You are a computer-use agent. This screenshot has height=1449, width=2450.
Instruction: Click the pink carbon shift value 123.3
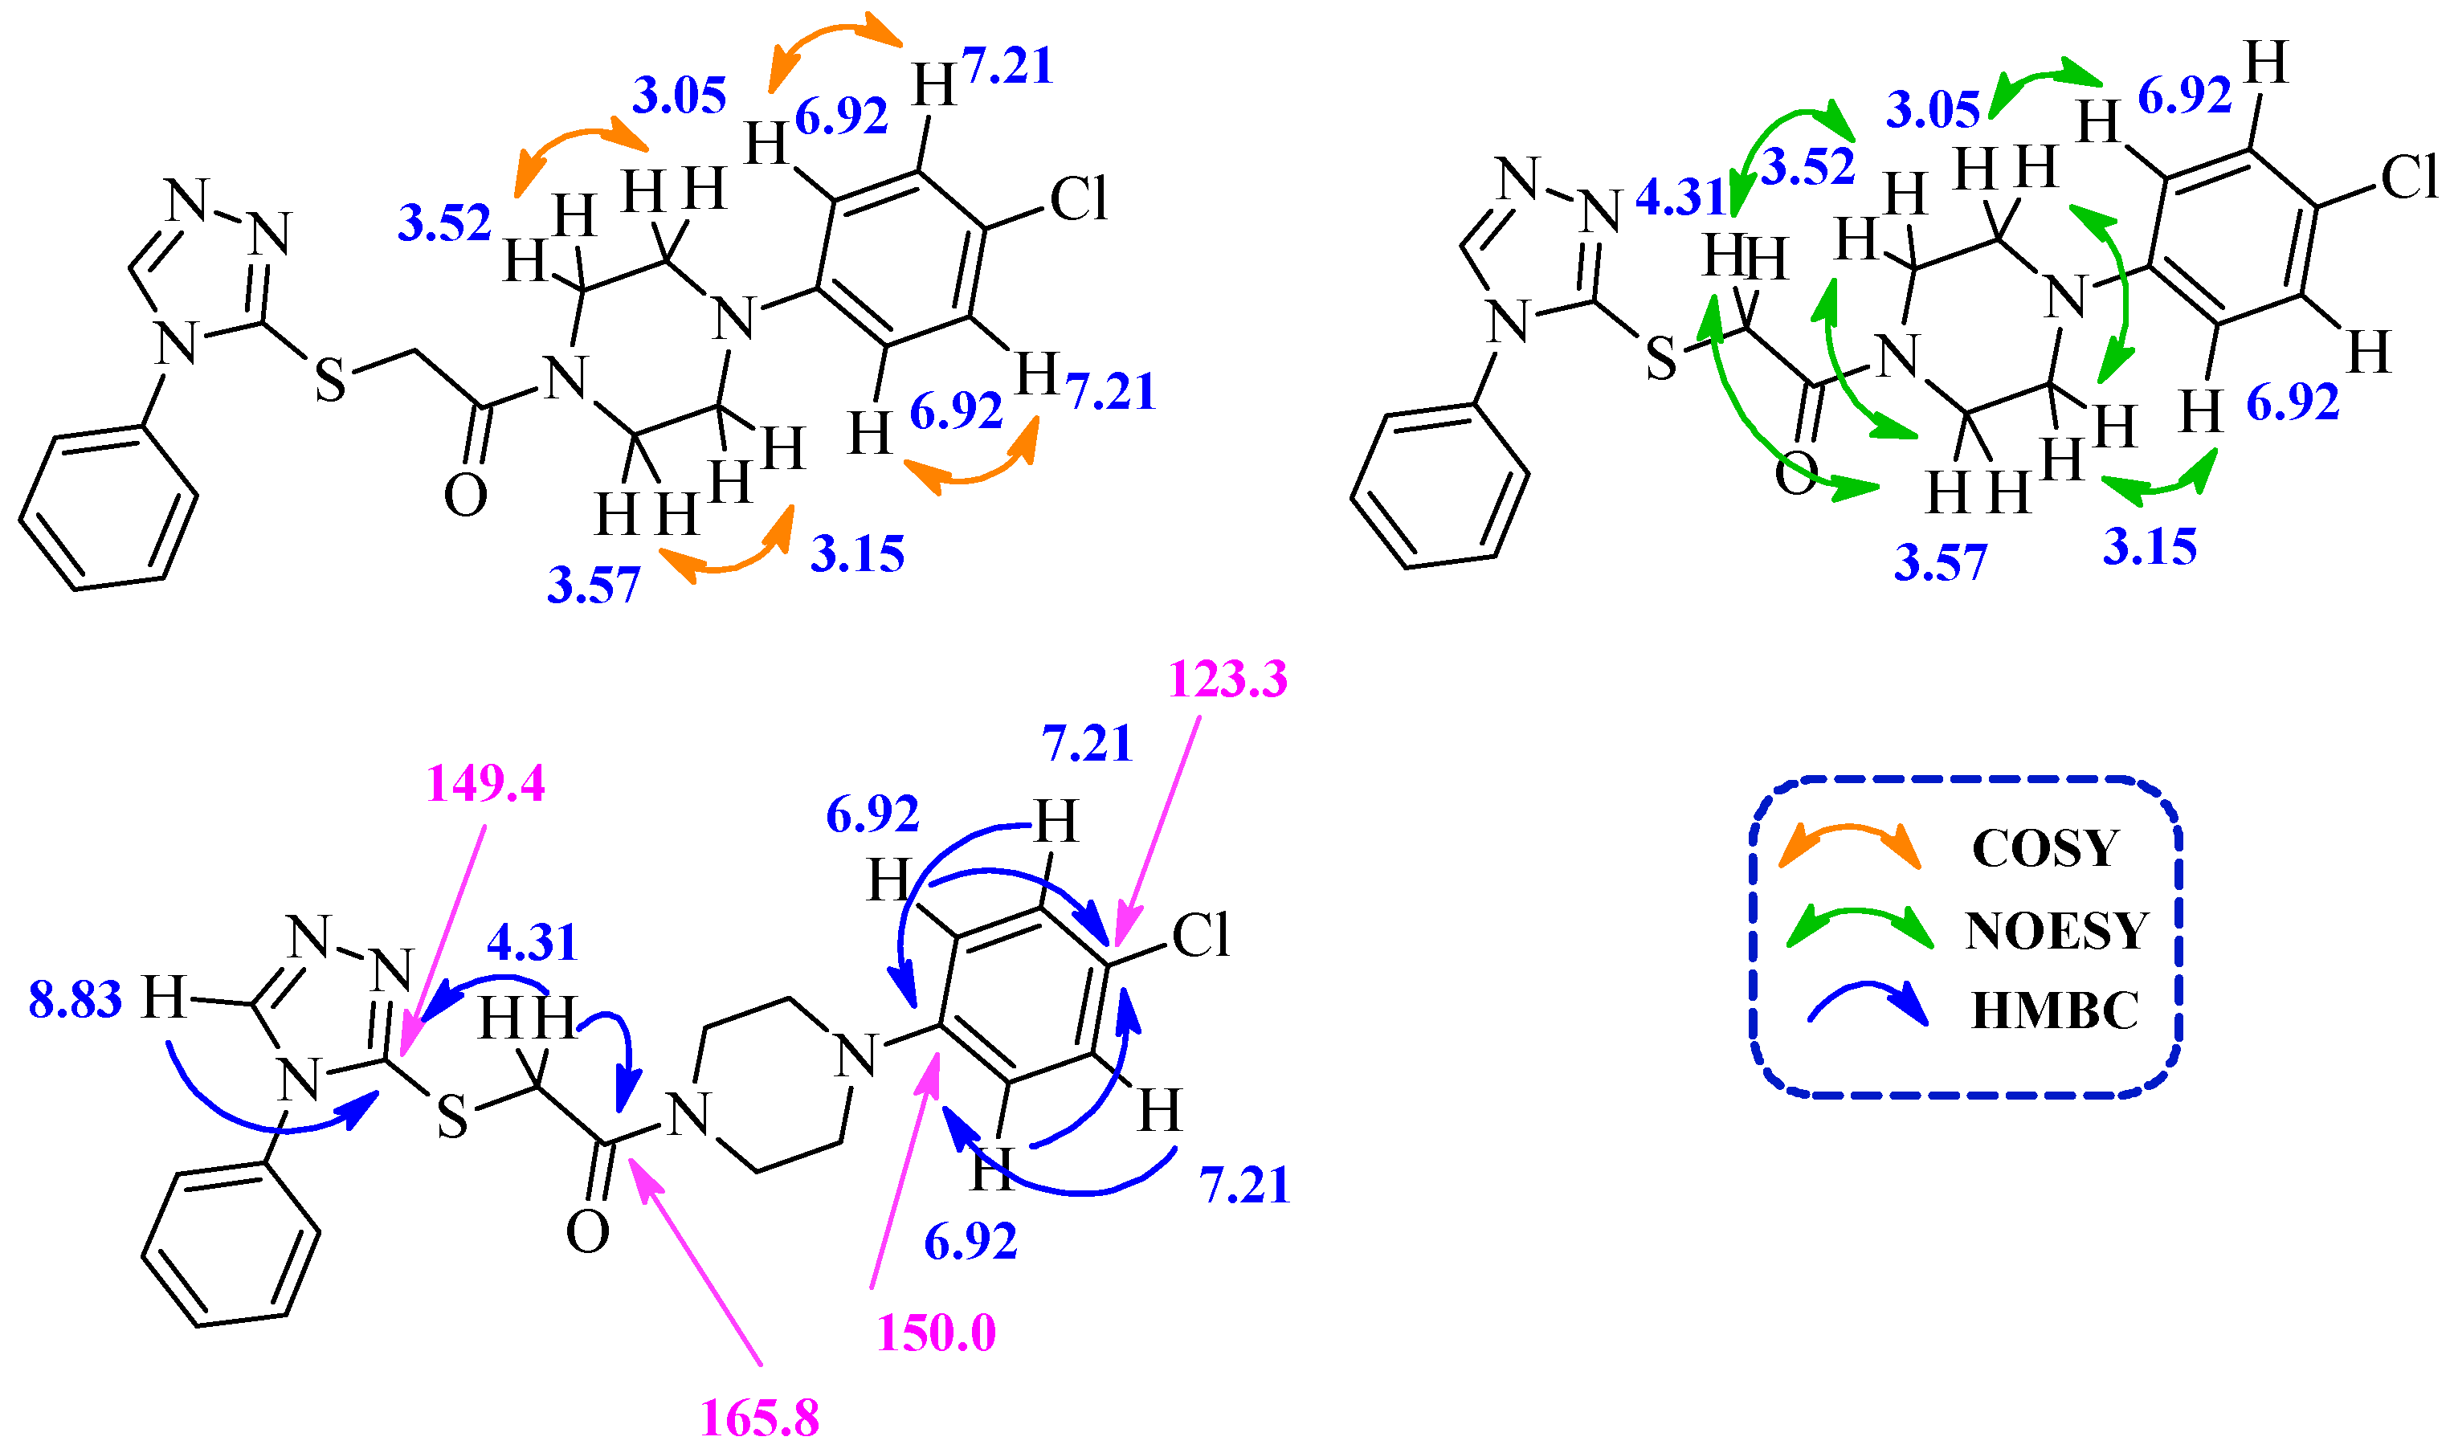(x=1227, y=679)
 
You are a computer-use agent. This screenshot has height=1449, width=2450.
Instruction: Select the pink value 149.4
(x=485, y=783)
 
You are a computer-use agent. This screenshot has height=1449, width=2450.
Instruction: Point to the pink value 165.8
(x=760, y=1418)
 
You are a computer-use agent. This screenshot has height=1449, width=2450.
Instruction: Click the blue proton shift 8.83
(x=76, y=1000)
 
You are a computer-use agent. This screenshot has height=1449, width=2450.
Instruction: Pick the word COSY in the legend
(x=2045, y=847)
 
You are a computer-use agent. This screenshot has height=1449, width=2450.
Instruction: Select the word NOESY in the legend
(x=2056, y=930)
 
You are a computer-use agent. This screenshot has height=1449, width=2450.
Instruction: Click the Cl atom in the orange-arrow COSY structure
(x=1078, y=199)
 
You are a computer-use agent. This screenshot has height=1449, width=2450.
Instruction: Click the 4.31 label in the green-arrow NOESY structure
(x=1680, y=198)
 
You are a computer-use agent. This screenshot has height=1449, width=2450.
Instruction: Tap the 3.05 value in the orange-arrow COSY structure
(x=680, y=96)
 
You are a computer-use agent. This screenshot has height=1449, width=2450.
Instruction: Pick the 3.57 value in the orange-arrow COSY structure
(x=593, y=586)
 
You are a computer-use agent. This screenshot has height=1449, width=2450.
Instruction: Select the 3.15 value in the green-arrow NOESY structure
(x=2150, y=547)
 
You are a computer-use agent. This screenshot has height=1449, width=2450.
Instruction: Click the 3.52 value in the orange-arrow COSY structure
(x=444, y=222)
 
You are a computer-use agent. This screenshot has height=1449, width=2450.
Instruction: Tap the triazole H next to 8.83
(x=163, y=999)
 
